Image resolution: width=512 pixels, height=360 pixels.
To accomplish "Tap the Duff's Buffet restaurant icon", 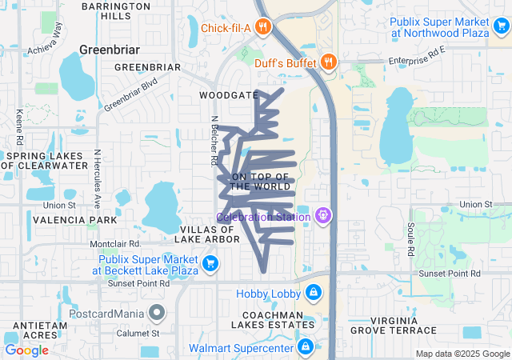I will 328,62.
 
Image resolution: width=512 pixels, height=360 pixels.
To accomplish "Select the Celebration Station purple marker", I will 322,215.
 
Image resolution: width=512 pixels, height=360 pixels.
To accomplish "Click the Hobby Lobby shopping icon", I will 313,293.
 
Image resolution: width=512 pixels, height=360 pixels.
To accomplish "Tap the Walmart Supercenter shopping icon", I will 305,347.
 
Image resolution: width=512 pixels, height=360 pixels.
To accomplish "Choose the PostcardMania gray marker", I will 158,312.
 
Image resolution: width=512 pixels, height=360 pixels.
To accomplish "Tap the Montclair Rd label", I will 115,243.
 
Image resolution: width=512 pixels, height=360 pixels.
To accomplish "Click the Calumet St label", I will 140,333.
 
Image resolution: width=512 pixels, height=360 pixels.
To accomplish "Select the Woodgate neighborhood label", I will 224,94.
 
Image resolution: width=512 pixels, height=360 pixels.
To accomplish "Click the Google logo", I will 26,350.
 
